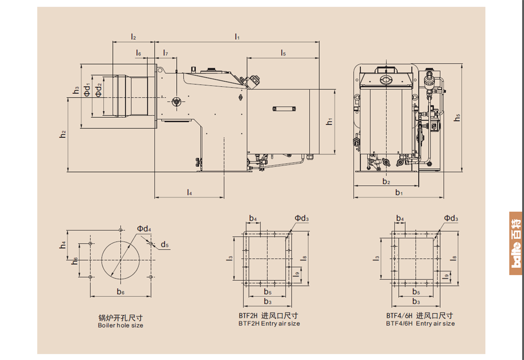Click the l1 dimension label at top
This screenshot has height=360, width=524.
237,37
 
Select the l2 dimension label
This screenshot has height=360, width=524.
133,37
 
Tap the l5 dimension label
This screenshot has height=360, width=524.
283,53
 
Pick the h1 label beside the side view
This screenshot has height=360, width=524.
330,122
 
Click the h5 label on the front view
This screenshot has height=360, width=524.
457,118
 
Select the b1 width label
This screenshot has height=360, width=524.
399,192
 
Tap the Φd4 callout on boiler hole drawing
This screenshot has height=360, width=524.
144,229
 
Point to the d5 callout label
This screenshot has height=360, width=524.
164,245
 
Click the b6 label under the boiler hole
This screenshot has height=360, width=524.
121,292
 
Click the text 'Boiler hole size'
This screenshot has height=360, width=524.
121,326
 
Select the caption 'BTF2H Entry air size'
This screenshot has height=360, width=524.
269,324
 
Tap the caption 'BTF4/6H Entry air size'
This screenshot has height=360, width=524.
420,324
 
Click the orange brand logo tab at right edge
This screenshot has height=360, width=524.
516,243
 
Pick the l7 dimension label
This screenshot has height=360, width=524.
165,53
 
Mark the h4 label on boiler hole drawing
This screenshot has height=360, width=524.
63,245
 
